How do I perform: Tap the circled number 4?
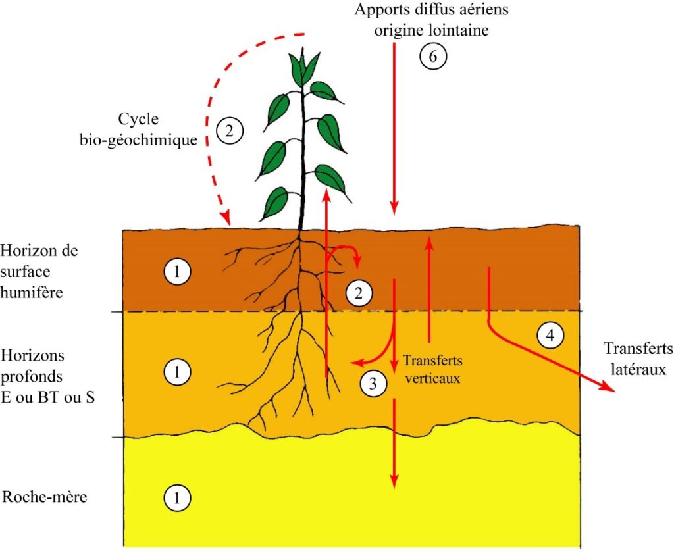[550, 336]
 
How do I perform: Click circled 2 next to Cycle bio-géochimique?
[229, 131]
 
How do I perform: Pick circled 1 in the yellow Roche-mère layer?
[177, 497]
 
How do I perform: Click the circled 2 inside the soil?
[359, 293]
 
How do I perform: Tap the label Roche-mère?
[45, 496]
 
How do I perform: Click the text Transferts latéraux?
[638, 358]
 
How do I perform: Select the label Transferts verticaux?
[432, 369]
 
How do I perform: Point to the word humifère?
[33, 293]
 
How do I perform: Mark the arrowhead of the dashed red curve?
[226, 217]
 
